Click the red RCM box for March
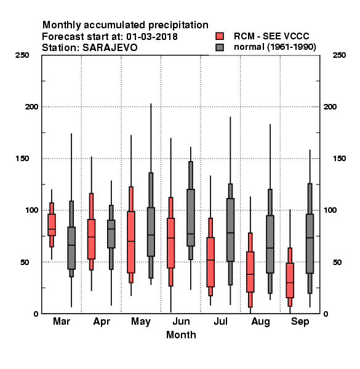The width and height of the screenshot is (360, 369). point(52,224)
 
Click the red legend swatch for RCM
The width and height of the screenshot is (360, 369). point(220,36)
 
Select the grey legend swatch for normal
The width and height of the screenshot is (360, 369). point(220,47)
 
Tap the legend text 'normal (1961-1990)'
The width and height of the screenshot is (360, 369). point(274,47)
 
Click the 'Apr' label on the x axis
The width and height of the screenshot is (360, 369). point(102,322)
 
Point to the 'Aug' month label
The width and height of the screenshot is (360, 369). point(260,322)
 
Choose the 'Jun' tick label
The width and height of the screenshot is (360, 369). point(181,321)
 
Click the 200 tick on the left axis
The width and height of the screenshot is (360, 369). point(31,107)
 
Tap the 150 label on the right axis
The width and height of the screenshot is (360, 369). point(339,159)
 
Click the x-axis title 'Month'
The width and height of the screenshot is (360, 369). point(181,335)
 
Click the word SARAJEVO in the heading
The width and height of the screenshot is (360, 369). point(110,48)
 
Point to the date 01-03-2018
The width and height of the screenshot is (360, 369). point(152,37)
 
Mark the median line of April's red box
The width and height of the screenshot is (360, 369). point(91,237)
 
